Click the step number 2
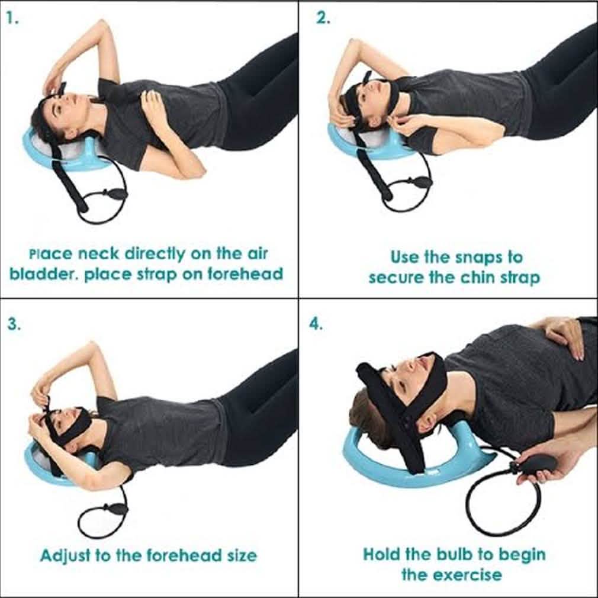point(323,18)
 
